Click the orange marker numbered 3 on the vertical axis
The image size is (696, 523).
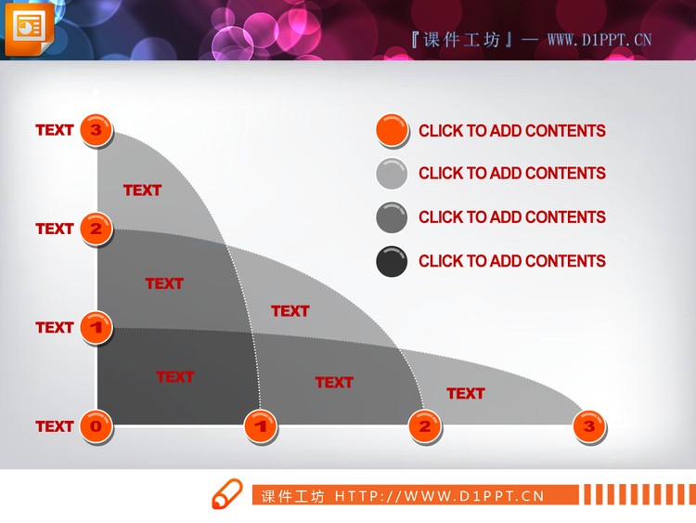[96, 131]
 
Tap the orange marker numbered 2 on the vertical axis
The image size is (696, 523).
[96, 229]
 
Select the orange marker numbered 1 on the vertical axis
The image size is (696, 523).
[96, 327]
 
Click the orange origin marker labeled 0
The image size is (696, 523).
[96, 426]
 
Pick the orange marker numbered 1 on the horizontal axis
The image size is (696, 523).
[261, 426]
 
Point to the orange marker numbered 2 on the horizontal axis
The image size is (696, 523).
[425, 426]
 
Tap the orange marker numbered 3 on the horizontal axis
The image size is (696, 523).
[588, 426]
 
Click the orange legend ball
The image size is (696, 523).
[392, 131]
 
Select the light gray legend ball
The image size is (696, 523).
[392, 174]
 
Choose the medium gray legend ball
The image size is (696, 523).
[392, 217]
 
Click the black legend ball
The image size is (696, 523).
[392, 261]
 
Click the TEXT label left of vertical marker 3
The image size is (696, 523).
[55, 130]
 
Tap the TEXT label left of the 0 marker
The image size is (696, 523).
[55, 426]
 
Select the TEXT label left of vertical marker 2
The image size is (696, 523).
[55, 229]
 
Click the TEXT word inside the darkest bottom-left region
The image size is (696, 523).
[174, 377]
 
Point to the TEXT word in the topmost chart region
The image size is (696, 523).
[142, 190]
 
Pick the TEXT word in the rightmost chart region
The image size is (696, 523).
[465, 394]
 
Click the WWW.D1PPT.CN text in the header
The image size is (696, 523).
[599, 39]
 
